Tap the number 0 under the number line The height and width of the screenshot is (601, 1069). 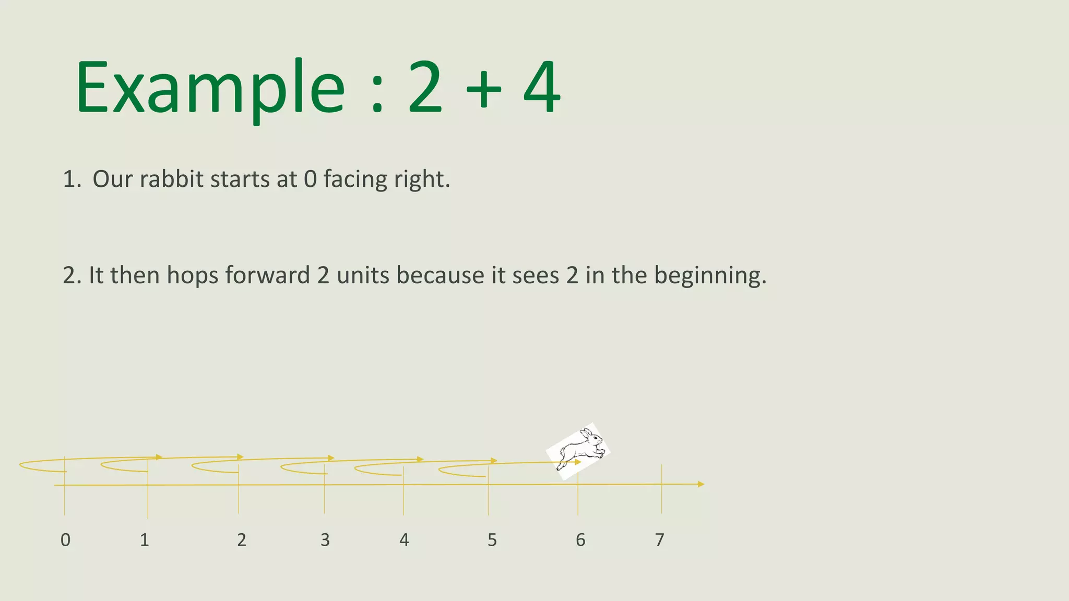(x=65, y=540)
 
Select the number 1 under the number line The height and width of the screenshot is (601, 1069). (x=145, y=540)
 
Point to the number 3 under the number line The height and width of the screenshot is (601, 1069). (x=325, y=540)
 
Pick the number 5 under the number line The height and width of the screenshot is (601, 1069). (x=492, y=540)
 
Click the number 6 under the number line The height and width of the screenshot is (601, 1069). (x=580, y=540)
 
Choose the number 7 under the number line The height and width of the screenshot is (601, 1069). (x=660, y=540)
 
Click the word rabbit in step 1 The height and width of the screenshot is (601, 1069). (x=171, y=179)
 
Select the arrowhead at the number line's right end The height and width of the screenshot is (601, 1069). (x=701, y=484)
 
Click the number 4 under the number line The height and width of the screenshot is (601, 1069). (x=404, y=540)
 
